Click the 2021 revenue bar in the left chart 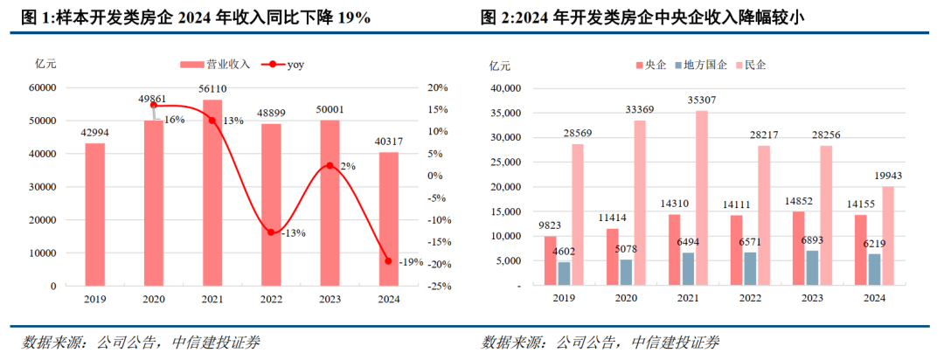[x=212, y=192]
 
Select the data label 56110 [x=212, y=89]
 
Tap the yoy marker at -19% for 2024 [x=388, y=260]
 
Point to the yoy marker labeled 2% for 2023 [x=330, y=165]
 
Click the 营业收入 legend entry [x=215, y=64]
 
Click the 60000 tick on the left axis [x=42, y=87]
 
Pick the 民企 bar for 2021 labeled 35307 [x=702, y=197]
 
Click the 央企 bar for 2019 [x=550, y=260]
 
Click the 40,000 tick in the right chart [x=505, y=88]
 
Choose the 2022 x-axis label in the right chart [x=749, y=299]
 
